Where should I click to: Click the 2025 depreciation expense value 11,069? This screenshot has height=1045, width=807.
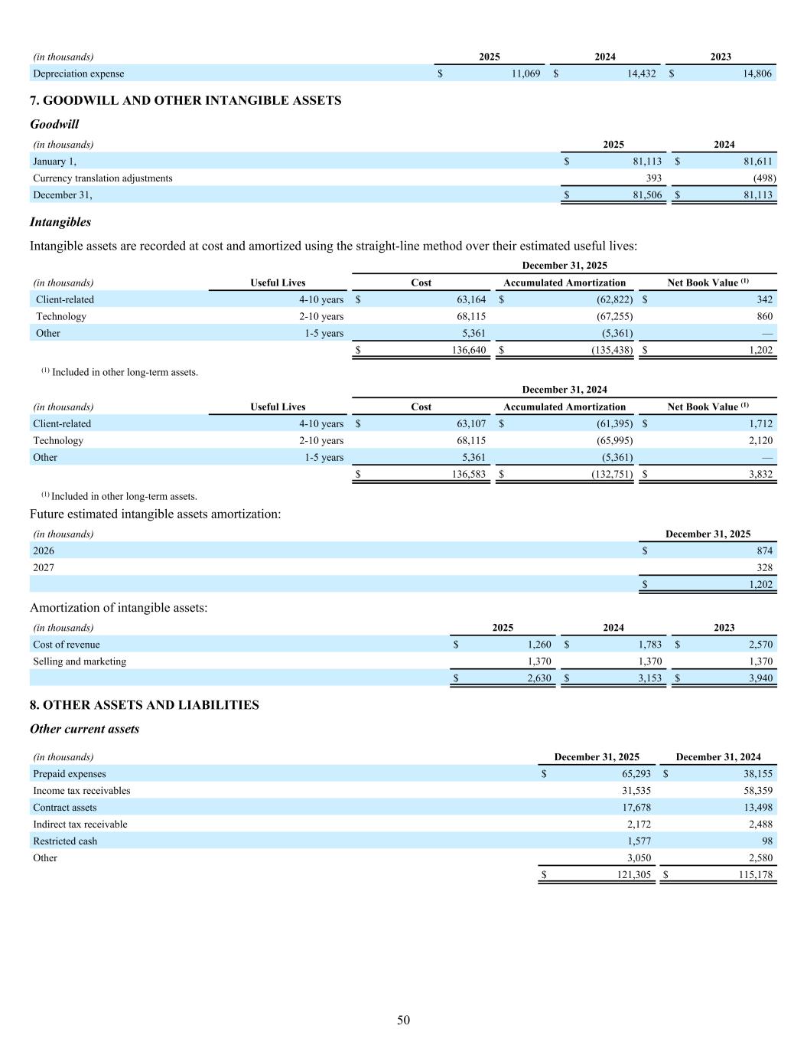tap(526, 73)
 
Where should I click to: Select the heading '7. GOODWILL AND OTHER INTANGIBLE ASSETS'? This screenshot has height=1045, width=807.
tap(185, 100)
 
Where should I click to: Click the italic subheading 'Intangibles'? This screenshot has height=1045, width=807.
tap(60, 222)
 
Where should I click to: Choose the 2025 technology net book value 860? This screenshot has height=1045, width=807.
tap(764, 316)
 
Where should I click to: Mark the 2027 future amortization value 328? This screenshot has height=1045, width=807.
tap(763, 568)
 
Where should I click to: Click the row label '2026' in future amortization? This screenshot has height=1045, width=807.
tap(44, 551)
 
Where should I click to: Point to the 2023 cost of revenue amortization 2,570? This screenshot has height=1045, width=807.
tap(760, 645)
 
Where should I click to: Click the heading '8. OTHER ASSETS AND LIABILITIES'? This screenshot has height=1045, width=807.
tap(144, 705)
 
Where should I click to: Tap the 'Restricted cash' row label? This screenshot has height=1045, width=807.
tap(65, 841)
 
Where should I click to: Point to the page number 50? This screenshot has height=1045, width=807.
tap(403, 1021)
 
